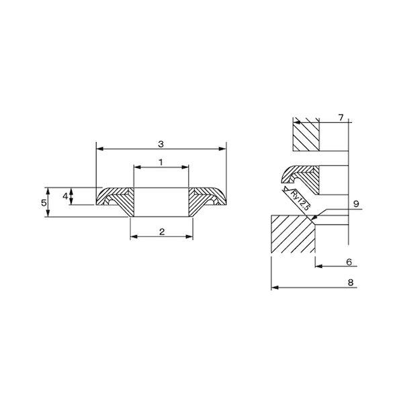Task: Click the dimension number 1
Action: (161, 162)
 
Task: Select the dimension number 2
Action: (162, 232)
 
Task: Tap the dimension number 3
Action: (161, 144)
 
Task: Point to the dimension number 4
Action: (65, 196)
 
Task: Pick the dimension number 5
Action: (44, 203)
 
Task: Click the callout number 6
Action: (349, 262)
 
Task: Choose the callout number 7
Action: (341, 118)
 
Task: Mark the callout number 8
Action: (351, 283)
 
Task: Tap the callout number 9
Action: (356, 204)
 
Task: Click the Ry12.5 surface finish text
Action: (300, 200)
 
